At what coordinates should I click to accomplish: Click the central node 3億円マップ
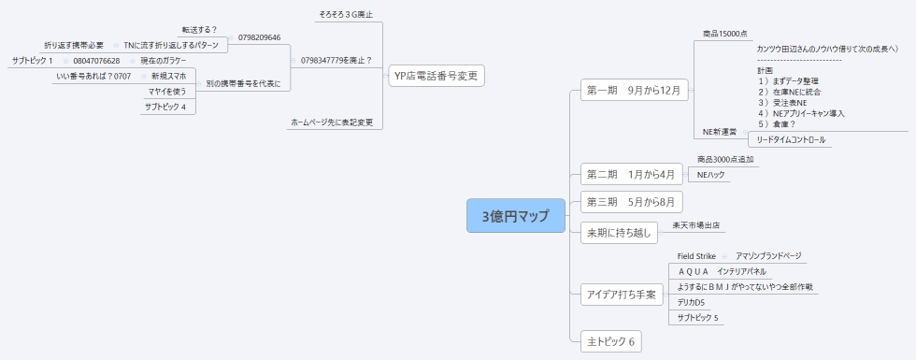pyautogui.click(x=516, y=216)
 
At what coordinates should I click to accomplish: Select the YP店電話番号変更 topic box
pyautogui.click(x=437, y=75)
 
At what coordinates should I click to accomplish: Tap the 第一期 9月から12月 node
pyautogui.click(x=635, y=91)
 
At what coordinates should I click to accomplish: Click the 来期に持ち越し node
pyautogui.click(x=618, y=230)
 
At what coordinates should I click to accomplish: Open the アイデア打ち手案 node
pyautogui.click(x=622, y=295)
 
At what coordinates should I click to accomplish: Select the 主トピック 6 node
pyautogui.click(x=610, y=341)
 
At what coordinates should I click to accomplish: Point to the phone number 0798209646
pyautogui.click(x=260, y=37)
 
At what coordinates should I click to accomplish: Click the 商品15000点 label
pyautogui.click(x=725, y=34)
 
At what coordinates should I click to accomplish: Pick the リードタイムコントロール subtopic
pyautogui.click(x=791, y=140)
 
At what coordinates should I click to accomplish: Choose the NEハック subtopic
pyautogui.click(x=711, y=175)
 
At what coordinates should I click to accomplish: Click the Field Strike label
pyautogui.click(x=696, y=255)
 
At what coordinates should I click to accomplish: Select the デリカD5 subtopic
pyautogui.click(x=691, y=303)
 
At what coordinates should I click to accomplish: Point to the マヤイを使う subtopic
pyautogui.click(x=166, y=92)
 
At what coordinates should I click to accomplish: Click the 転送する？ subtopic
pyautogui.click(x=199, y=30)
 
